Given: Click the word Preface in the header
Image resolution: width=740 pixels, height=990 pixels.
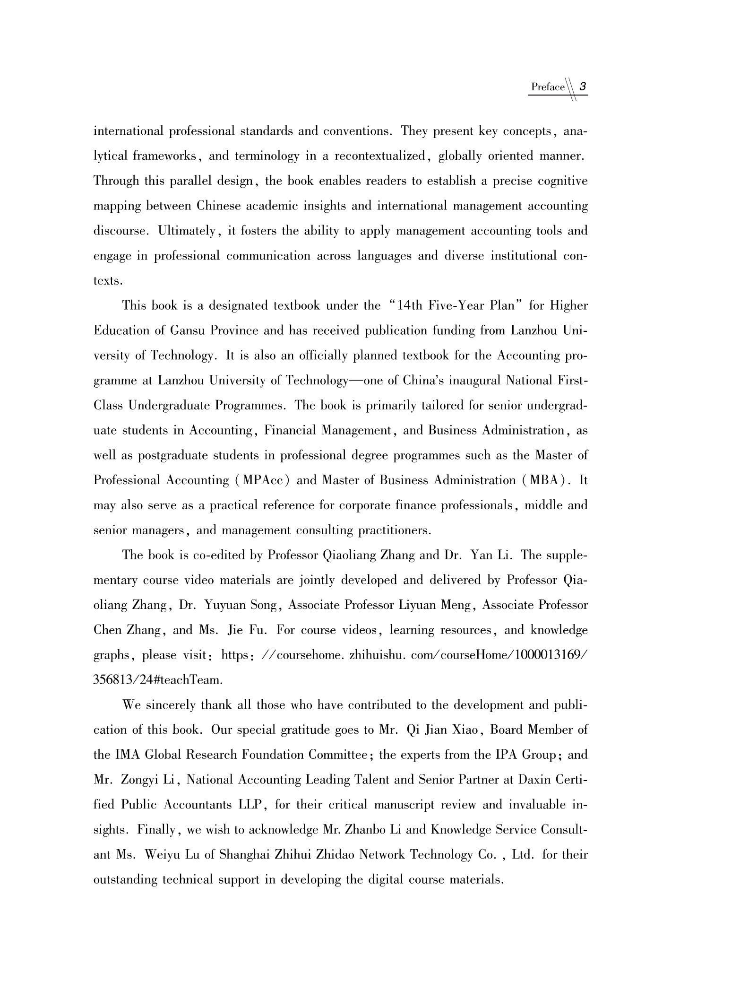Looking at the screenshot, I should pos(548,87).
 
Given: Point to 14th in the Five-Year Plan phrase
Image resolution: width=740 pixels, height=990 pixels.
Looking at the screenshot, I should pos(410,305).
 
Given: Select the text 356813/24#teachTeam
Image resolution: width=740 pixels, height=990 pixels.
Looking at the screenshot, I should pos(158,680).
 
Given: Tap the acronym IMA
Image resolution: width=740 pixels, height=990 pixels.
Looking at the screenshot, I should pos(128,755).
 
